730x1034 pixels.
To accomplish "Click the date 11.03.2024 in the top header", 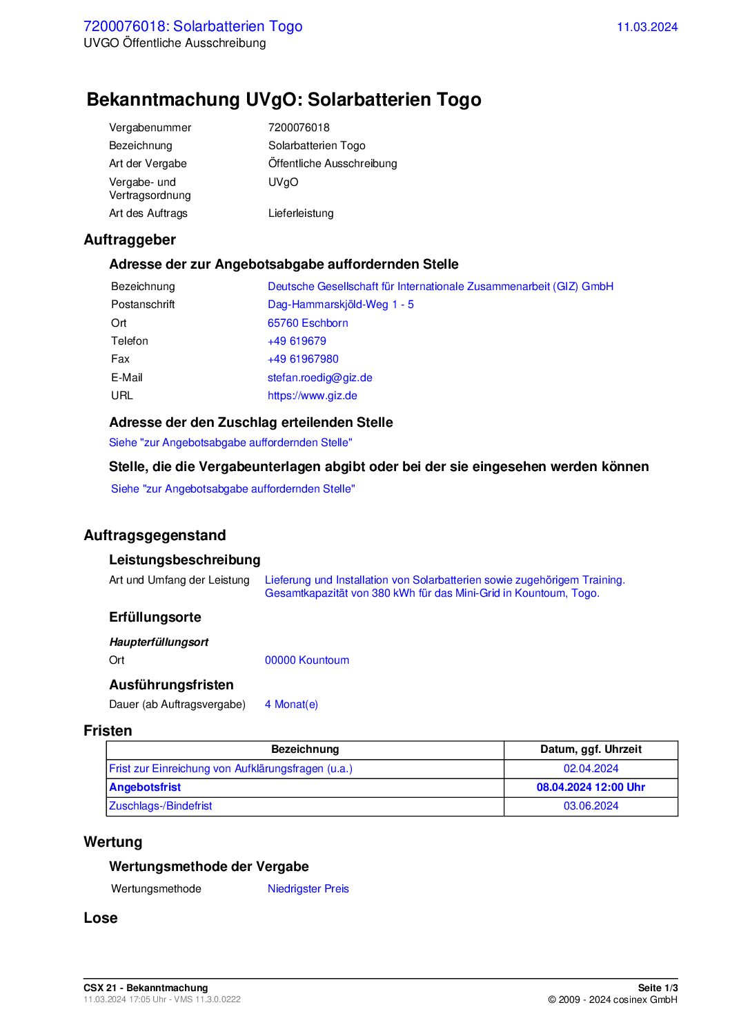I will (x=647, y=27).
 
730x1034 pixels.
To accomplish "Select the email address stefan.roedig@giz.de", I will (x=319, y=378).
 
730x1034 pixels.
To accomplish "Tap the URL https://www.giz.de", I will (x=312, y=396).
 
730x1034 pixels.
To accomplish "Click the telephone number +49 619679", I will (x=297, y=341).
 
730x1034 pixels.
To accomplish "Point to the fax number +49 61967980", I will (x=303, y=359).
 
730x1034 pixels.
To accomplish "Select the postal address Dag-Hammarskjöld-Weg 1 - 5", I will (x=340, y=305).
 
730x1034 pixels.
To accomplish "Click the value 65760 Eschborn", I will (x=308, y=323).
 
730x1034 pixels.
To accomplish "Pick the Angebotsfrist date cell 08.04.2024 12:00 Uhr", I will (x=591, y=787).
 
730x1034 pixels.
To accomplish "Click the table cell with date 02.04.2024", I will (x=591, y=769).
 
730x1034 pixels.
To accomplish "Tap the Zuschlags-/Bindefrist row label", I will (x=161, y=806).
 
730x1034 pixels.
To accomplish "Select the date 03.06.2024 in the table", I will (x=591, y=806).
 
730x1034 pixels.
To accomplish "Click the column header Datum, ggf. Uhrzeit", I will (x=591, y=749).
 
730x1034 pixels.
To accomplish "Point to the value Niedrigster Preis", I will (x=308, y=889).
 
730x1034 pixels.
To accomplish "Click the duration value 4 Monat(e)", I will (x=291, y=705).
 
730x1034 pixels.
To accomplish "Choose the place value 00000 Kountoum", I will (x=306, y=660).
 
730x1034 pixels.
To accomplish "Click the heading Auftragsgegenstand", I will (x=155, y=535).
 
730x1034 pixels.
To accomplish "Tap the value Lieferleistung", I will (x=301, y=213).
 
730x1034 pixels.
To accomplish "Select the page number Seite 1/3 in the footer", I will (x=658, y=988).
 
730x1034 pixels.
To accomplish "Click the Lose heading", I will (x=101, y=918).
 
